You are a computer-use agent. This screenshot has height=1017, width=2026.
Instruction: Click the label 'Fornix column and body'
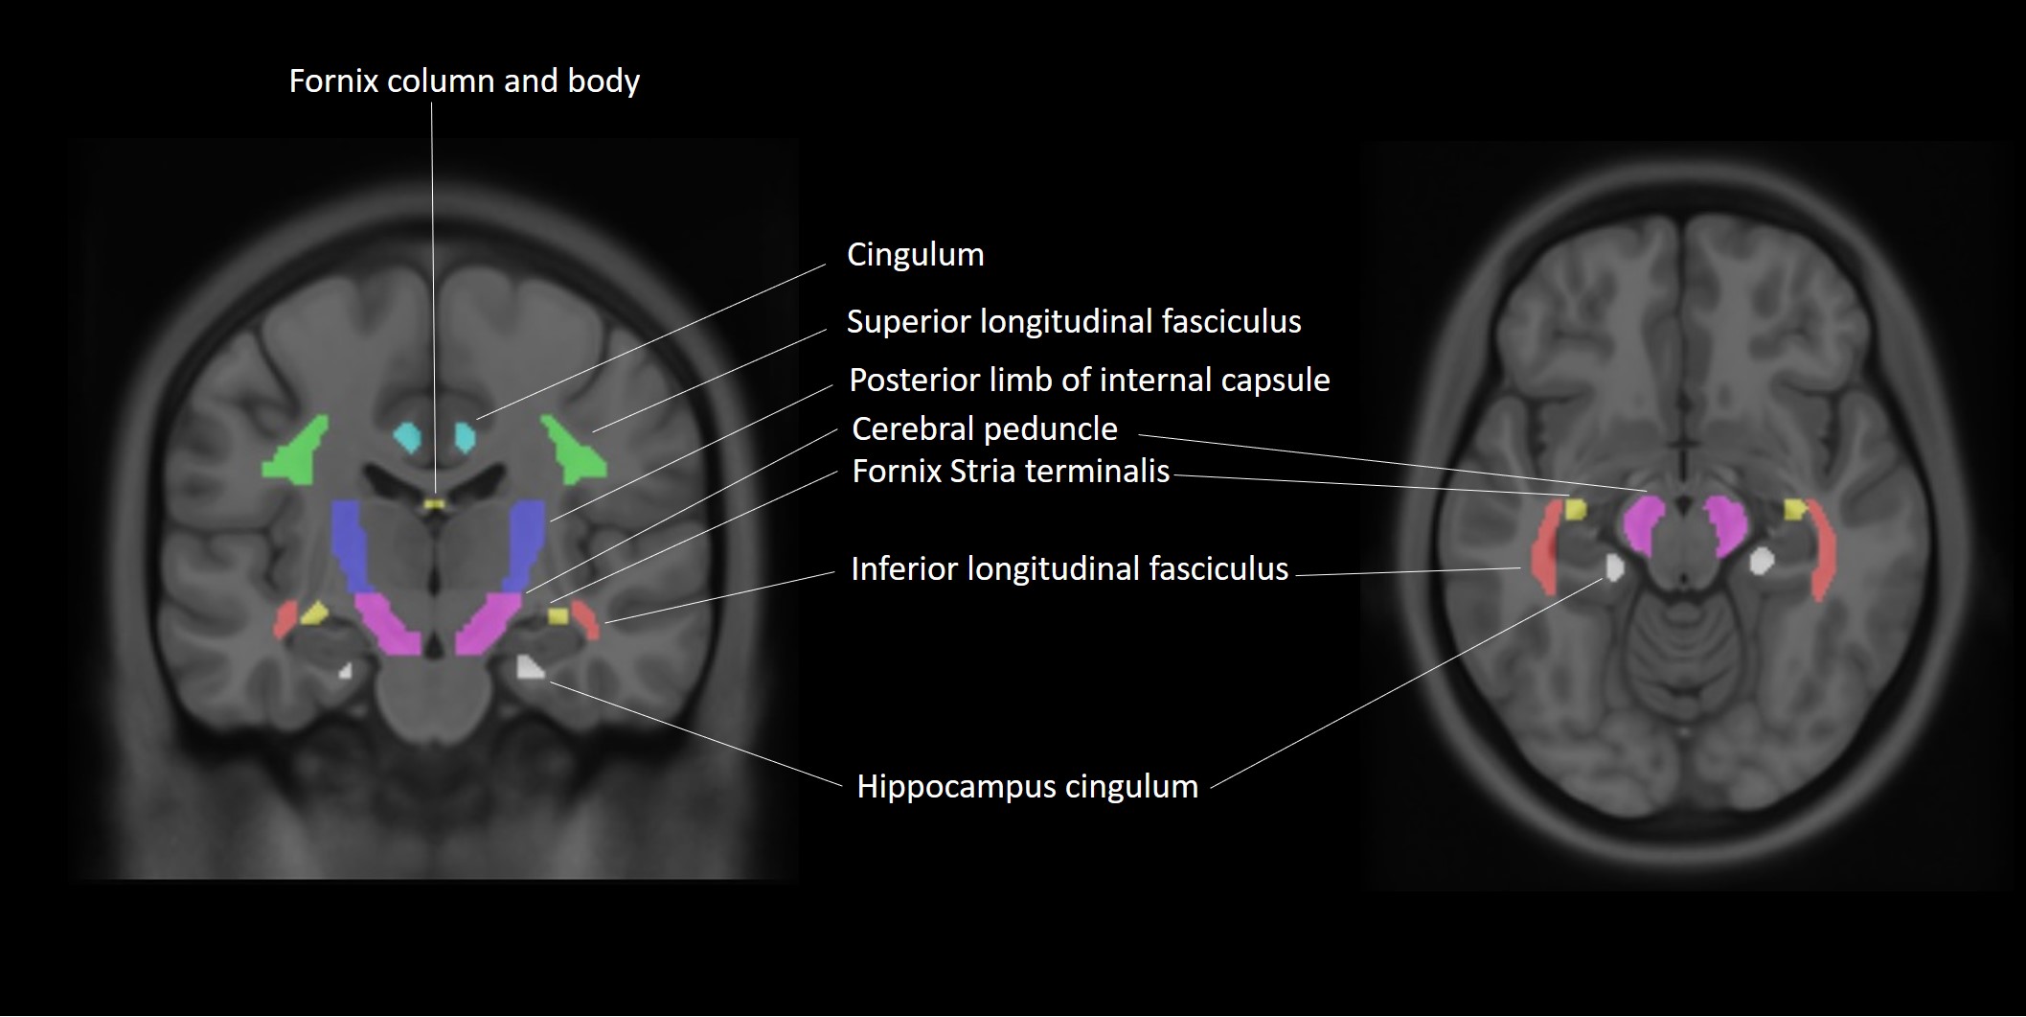[464, 81]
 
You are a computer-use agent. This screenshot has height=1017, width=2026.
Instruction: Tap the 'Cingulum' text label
[915, 255]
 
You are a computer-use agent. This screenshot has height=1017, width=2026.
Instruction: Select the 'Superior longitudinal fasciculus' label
[1074, 322]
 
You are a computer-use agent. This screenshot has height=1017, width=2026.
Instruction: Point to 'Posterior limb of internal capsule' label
[1089, 381]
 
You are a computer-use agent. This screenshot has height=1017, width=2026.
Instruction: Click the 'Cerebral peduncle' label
[984, 429]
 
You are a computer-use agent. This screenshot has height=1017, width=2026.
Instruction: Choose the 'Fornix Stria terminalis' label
[1011, 472]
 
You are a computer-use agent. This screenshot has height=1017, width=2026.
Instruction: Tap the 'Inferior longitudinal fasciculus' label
[1069, 569]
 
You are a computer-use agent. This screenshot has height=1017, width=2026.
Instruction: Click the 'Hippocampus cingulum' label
[1027, 787]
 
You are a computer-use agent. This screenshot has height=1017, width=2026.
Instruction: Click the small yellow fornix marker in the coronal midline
[436, 503]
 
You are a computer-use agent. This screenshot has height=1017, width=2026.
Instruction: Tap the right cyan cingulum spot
[466, 436]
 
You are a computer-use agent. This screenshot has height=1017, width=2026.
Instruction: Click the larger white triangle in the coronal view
[529, 667]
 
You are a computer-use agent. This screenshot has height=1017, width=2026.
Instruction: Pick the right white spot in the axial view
[1761, 561]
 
